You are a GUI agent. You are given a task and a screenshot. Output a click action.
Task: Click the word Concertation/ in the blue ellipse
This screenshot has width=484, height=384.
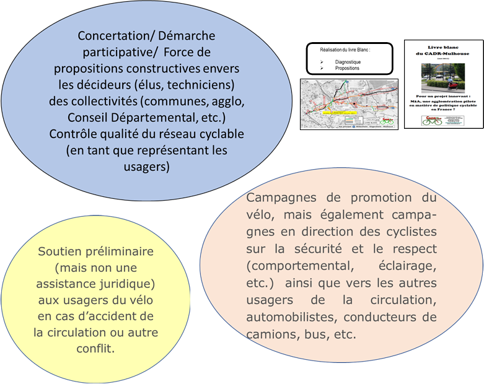(115, 37)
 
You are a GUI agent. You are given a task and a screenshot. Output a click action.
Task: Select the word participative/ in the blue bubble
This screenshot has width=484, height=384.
(114, 52)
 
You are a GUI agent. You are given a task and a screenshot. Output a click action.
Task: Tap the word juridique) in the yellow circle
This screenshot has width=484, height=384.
(127, 284)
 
